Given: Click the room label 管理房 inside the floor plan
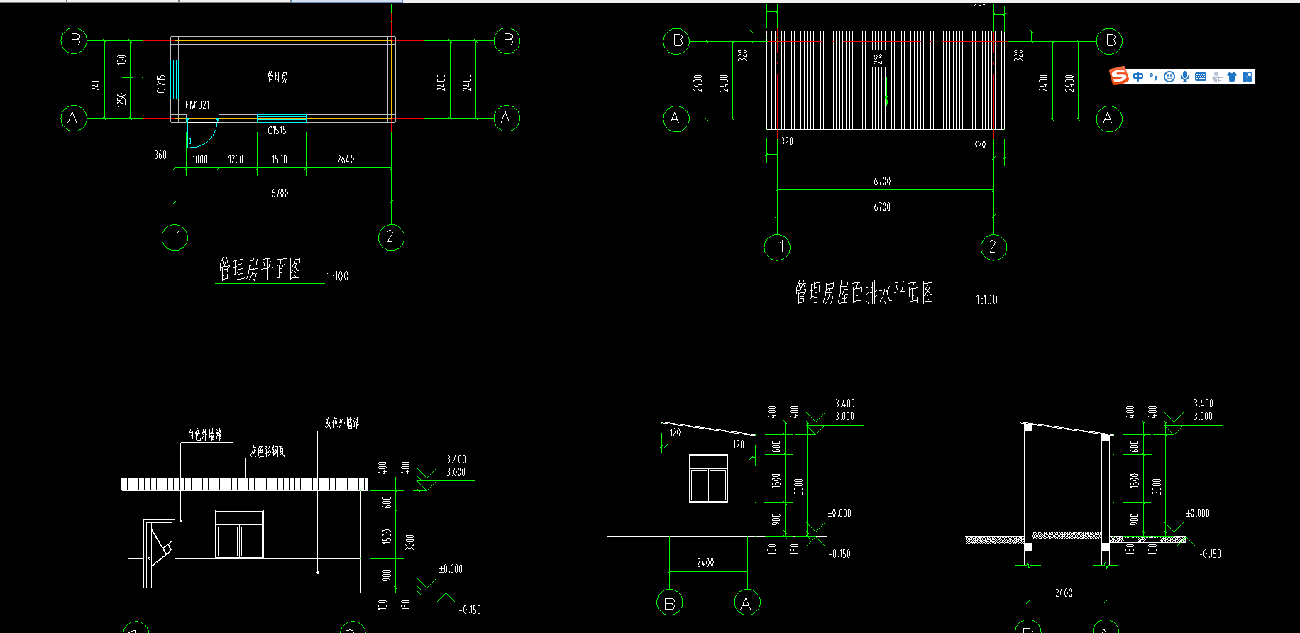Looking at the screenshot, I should click(277, 77).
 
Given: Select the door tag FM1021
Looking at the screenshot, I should click(197, 105).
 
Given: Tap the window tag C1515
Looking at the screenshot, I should click(277, 131).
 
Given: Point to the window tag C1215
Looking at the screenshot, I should click(161, 84).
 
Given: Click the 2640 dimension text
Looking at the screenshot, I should click(346, 160).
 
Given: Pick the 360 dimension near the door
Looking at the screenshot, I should click(160, 155).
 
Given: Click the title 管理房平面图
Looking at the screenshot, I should click(260, 270).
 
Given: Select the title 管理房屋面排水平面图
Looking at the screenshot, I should click(864, 292).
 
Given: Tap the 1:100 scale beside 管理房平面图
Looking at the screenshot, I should click(337, 276).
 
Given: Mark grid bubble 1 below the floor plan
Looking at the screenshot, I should click(175, 237).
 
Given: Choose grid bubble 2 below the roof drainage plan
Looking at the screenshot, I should click(993, 247).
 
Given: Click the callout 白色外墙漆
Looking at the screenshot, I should click(204, 435).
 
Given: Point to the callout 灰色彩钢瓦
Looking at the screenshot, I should click(268, 451).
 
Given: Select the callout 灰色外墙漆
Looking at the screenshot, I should click(342, 423).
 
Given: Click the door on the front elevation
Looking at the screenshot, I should click(159, 554).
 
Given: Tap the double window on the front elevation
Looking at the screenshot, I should click(239, 534).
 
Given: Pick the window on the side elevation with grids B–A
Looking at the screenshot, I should click(708, 479).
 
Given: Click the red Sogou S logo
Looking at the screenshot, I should click(1119, 76).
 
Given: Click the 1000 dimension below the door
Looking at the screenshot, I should click(200, 160).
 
